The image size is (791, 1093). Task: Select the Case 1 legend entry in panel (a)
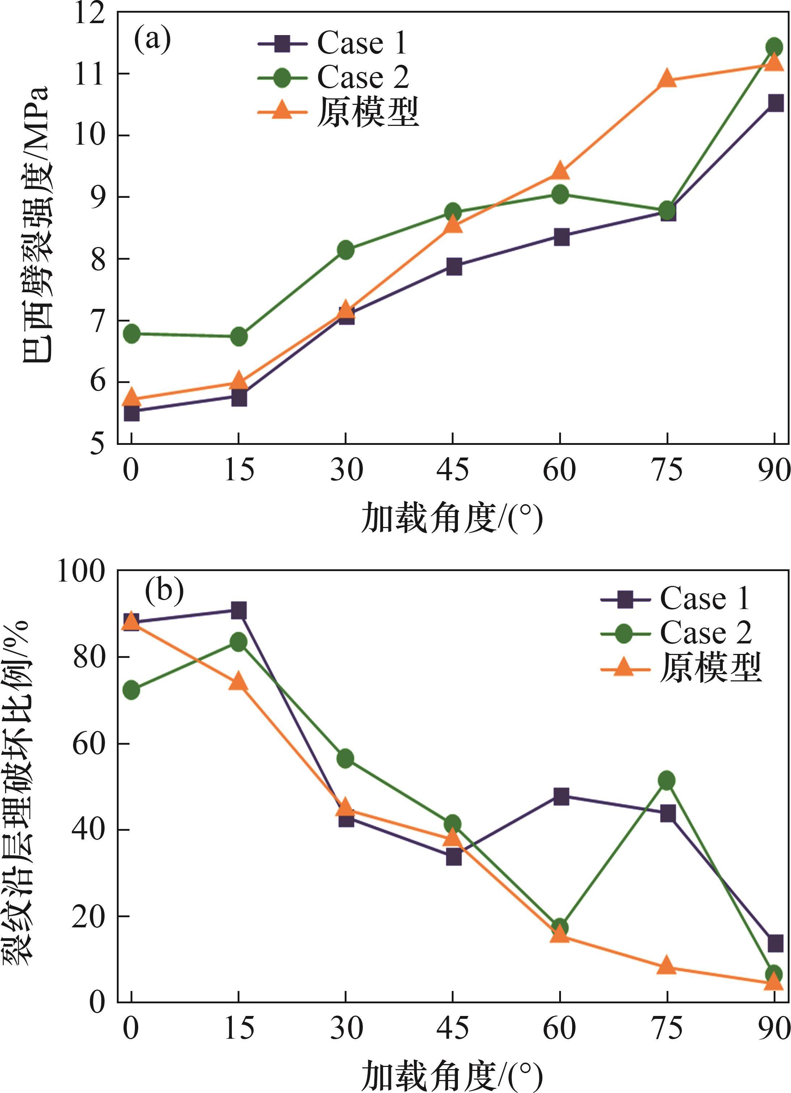point(333,43)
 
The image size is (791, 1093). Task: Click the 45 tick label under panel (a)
point(452,469)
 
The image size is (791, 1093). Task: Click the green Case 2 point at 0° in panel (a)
point(132,333)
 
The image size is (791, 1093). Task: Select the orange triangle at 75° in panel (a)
point(667,78)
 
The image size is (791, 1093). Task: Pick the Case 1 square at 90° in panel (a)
point(775,103)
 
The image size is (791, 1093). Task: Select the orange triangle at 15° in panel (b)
point(238,682)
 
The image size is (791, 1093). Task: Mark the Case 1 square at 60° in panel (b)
point(561,796)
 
